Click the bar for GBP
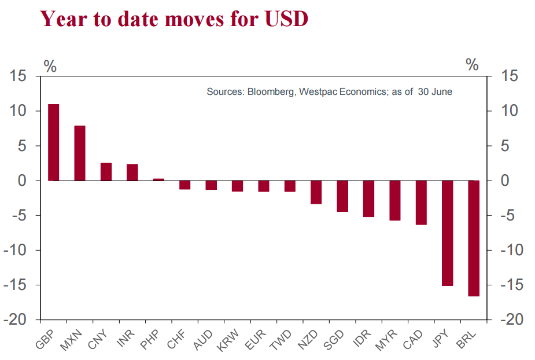point(53,142)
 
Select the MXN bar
point(80,153)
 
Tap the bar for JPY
point(448,233)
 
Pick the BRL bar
point(474,238)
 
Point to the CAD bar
point(421,203)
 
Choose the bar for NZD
point(316,192)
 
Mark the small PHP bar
point(158,179)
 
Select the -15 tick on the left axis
point(20,285)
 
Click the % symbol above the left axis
point(50,66)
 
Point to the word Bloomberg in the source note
point(271,91)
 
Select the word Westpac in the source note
point(318,91)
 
